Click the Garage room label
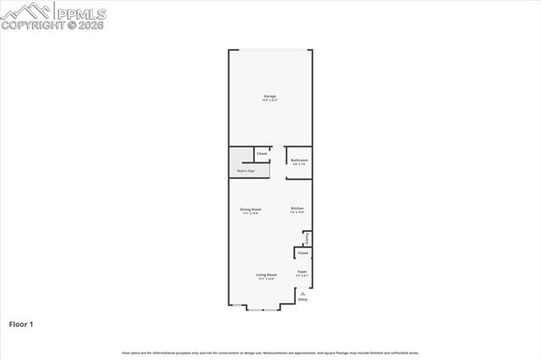[270, 96]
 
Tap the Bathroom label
[299, 160]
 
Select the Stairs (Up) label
[246, 171]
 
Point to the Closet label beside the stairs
[262, 154]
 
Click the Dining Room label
[250, 209]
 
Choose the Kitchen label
[297, 209]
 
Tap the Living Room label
[267, 274]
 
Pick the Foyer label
[302, 271]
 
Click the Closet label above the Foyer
[303, 253]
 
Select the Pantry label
[306, 237]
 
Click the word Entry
[303, 300]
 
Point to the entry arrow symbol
[303, 293]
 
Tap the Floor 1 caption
[21, 324]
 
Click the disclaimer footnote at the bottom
[270, 352]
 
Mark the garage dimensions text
[270, 101]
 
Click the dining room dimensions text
[250, 213]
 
